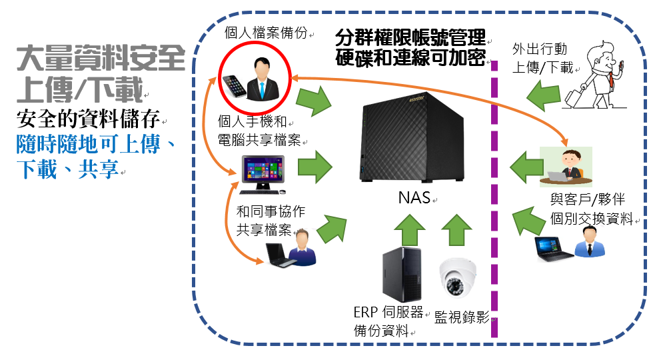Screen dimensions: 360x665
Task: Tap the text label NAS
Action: pos(414,197)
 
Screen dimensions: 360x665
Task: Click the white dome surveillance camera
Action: pos(458,277)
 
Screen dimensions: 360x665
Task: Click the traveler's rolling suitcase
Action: pos(578,95)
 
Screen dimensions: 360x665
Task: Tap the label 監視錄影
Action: pos(461,317)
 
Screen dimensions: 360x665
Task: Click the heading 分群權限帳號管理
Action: pos(410,37)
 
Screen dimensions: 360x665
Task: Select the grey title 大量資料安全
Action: pos(101,59)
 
